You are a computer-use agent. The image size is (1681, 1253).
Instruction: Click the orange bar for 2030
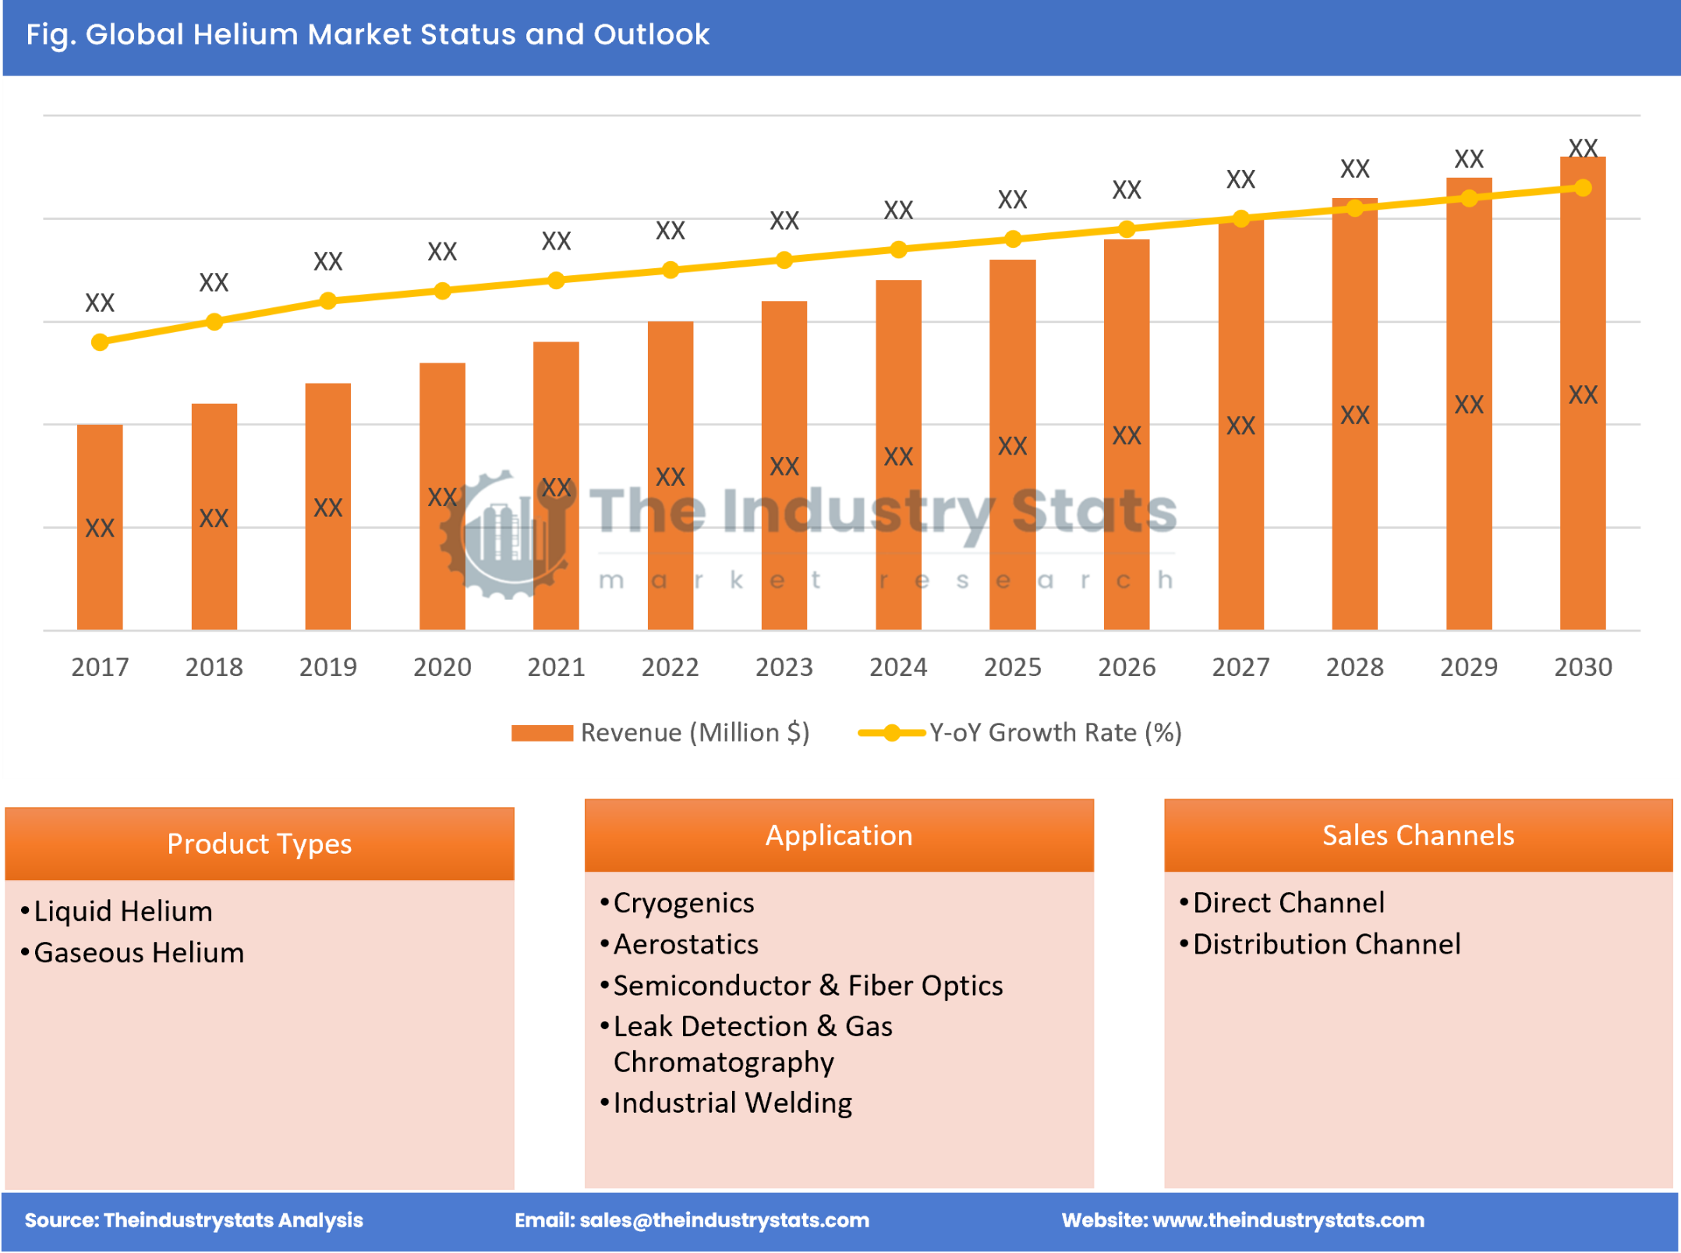[x=1582, y=405]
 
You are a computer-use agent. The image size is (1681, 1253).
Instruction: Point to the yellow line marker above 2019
[x=328, y=301]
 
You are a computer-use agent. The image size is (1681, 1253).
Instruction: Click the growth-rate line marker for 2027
[x=1241, y=219]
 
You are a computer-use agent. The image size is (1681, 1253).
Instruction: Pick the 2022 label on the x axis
[x=670, y=667]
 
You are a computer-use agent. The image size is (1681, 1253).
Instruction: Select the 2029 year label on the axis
[x=1468, y=667]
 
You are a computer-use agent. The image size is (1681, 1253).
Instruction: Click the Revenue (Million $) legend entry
[x=661, y=733]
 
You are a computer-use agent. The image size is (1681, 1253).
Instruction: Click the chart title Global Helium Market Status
[x=368, y=35]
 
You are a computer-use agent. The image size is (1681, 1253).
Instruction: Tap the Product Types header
[x=259, y=844]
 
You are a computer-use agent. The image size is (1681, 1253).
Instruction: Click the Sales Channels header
[x=1417, y=835]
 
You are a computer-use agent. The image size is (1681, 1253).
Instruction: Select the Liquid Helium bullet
[x=123, y=911]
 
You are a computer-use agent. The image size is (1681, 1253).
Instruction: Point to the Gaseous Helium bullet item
[x=139, y=953]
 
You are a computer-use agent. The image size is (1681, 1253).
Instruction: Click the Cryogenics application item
[x=683, y=903]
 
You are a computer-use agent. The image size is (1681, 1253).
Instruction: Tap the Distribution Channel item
[x=1326, y=944]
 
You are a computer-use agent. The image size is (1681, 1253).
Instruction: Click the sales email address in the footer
[x=724, y=1220]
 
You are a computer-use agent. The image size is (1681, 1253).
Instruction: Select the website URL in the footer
[x=1287, y=1220]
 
